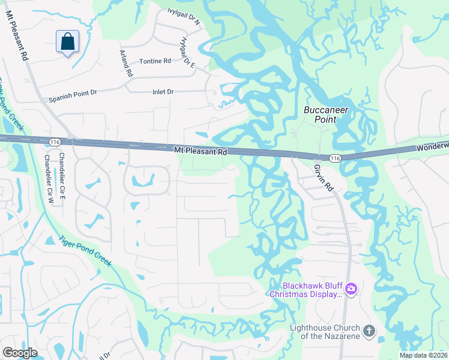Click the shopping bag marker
(x=67, y=42)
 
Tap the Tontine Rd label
(x=155, y=62)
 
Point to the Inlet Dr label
(x=163, y=92)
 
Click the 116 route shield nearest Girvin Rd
(x=335, y=157)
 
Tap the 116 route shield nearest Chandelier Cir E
(x=55, y=140)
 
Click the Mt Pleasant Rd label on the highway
(x=201, y=152)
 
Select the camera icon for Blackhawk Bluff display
(x=351, y=290)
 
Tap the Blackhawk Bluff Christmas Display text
(x=306, y=290)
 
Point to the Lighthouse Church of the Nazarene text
(x=325, y=332)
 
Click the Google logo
(x=20, y=353)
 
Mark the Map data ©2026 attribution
(x=424, y=355)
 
